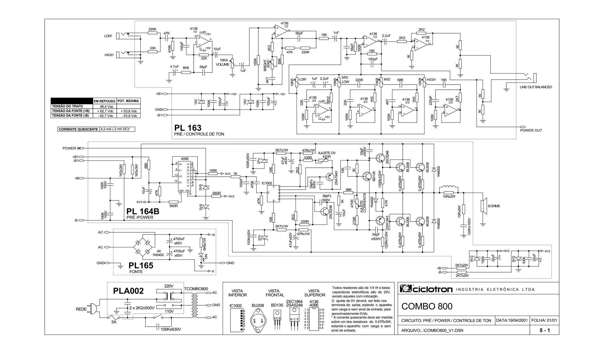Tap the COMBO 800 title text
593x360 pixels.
point(427,306)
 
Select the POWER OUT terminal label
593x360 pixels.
point(531,130)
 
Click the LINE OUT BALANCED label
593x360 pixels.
point(536,87)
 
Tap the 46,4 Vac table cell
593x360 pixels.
point(104,106)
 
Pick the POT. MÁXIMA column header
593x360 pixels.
point(128,101)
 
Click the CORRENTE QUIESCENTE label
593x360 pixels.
point(78,129)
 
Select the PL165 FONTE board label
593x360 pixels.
point(141,266)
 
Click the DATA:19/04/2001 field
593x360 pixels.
point(512,320)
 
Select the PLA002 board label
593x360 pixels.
point(128,291)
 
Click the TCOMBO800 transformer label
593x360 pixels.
point(196,289)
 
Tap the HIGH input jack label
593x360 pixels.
point(109,55)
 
